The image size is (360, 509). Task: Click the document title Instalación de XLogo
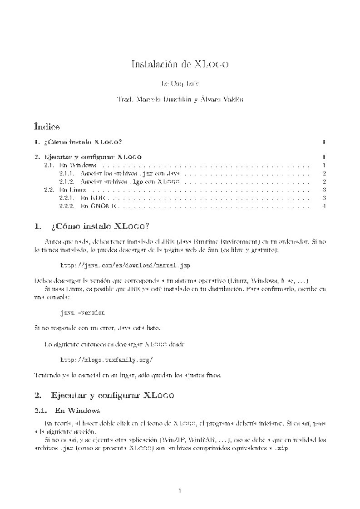click(180, 64)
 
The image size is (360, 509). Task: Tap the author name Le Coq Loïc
click(180, 84)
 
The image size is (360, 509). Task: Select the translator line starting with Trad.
click(180, 100)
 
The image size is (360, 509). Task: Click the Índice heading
click(47, 126)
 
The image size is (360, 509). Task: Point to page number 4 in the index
click(324, 206)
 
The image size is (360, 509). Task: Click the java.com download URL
click(125, 264)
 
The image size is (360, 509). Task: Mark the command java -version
click(83, 313)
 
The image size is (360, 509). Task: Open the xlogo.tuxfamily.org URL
click(107, 360)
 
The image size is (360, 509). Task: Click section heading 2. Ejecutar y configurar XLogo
click(104, 395)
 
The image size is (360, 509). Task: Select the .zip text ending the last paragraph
click(282, 448)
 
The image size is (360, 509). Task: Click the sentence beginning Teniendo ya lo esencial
click(128, 376)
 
